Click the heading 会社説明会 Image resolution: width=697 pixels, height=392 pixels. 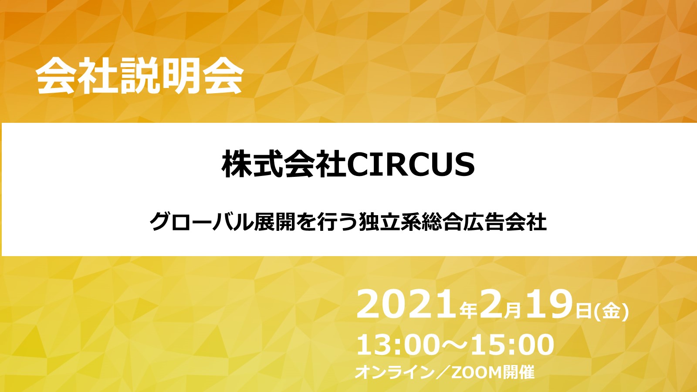[x=139, y=76]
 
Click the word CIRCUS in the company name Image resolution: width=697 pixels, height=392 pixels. [x=411, y=165]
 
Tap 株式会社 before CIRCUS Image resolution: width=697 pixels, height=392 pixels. [x=284, y=165]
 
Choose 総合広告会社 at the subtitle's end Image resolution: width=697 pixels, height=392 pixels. [x=484, y=222]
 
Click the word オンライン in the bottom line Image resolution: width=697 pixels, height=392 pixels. [x=394, y=373]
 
